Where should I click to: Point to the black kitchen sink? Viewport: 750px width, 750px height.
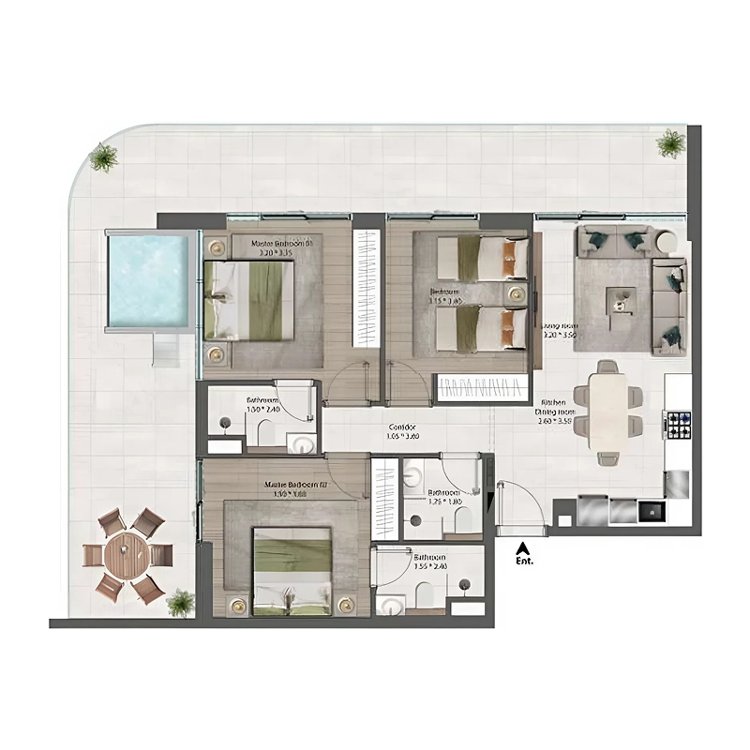point(651,511)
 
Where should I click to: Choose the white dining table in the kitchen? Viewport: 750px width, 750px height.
point(607,412)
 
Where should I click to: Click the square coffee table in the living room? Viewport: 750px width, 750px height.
point(619,300)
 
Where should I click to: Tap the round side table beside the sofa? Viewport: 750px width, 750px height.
point(665,242)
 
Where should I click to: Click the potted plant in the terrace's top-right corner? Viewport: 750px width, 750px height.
point(670,143)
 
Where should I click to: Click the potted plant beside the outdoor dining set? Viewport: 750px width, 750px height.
point(180,601)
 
